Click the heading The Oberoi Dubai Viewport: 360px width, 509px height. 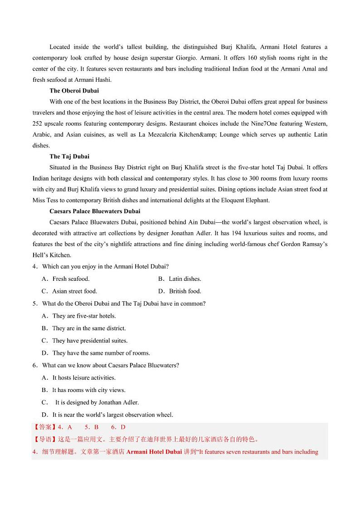coord(74,91)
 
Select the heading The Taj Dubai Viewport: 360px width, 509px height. coord(69,157)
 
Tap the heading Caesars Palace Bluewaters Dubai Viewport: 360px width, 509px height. coord(95,211)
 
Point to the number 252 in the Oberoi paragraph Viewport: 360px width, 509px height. coord(38,123)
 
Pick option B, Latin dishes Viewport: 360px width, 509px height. coord(185,279)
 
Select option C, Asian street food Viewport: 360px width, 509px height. coord(74,291)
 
